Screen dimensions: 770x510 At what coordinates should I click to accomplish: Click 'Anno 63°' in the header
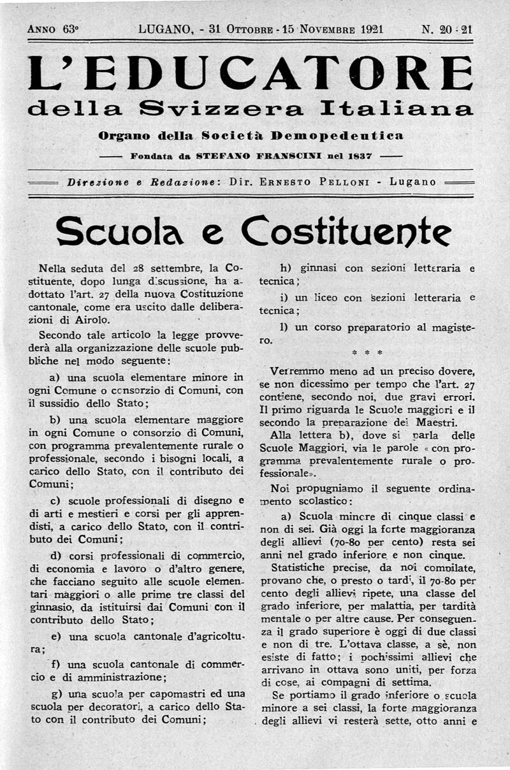point(53,29)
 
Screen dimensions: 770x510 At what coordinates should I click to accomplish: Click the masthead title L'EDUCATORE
point(251,73)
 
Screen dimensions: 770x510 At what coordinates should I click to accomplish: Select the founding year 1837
point(359,155)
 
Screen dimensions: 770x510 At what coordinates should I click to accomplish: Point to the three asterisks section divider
point(367,352)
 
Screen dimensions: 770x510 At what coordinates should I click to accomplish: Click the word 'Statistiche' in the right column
point(299,566)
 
